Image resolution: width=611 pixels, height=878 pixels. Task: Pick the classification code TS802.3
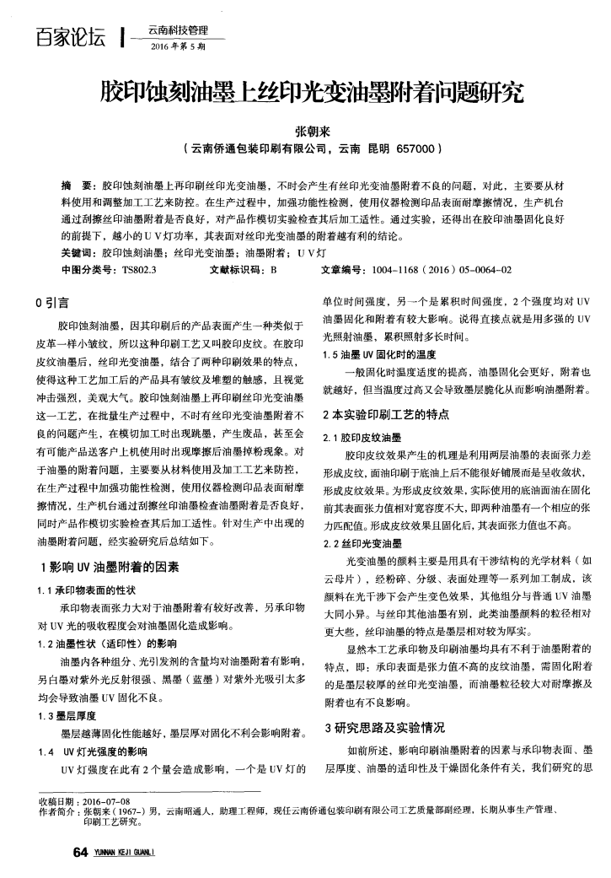(140, 270)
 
